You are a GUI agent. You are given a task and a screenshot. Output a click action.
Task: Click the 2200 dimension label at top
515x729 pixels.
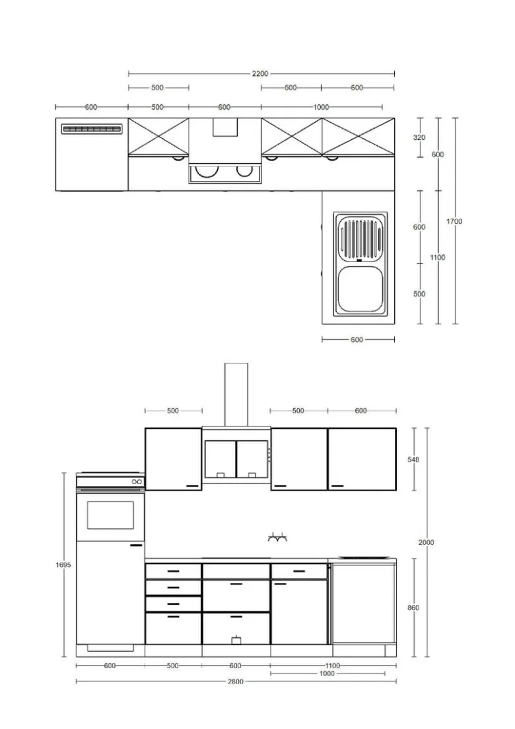260,73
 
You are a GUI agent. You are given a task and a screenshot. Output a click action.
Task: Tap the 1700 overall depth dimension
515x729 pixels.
454,221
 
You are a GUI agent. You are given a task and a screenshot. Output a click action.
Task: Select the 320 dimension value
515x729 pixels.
419,137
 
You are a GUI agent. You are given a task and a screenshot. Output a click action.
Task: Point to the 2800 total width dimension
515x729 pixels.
236,681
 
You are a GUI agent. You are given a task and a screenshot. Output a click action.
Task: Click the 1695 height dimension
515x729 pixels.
63,565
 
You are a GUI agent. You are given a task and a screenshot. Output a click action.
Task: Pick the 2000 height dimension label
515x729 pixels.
427,542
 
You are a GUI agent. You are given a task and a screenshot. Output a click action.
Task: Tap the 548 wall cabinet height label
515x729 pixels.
413,460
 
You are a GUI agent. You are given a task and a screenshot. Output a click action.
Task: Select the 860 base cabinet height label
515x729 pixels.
413,607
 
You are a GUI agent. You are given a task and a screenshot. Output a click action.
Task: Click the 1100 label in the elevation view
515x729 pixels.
333,666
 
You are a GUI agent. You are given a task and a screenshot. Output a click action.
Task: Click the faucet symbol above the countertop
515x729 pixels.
277,538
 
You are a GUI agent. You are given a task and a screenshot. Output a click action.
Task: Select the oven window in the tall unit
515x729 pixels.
110,514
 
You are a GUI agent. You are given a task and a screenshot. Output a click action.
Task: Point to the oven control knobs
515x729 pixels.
137,481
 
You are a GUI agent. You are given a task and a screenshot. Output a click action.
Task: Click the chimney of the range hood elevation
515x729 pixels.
236,394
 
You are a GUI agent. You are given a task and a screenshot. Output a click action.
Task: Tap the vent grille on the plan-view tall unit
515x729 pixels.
92,129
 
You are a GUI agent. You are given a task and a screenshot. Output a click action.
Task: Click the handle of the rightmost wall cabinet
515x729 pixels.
337,486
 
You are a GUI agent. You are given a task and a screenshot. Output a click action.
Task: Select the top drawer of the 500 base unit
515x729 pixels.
173,571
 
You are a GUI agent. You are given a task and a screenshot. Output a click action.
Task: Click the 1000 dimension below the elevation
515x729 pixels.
327,674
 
